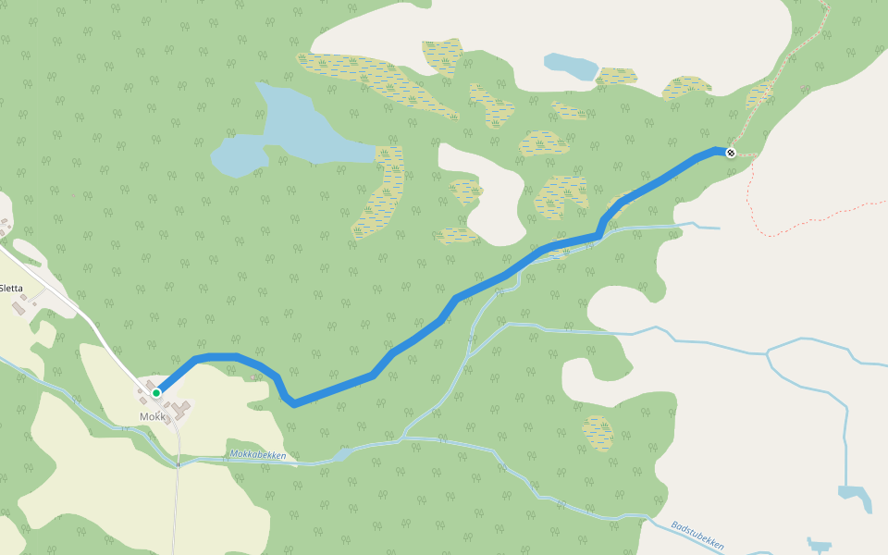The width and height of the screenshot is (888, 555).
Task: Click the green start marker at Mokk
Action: click(x=156, y=393)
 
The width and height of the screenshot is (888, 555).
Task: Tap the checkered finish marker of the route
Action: click(x=731, y=153)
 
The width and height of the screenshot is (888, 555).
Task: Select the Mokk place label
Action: click(x=152, y=416)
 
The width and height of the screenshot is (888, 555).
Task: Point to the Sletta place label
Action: click(x=11, y=288)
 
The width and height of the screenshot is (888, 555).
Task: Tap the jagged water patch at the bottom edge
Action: click(x=819, y=545)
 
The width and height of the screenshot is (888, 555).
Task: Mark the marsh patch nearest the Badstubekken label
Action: click(x=598, y=431)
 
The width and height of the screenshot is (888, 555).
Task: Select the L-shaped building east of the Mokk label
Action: click(x=179, y=407)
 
